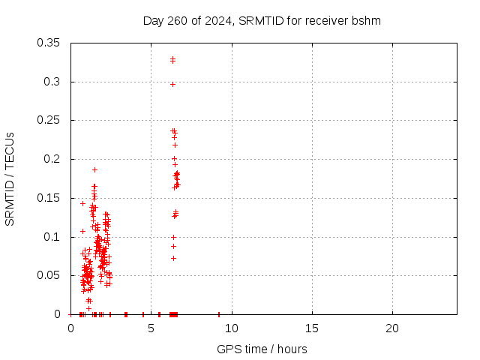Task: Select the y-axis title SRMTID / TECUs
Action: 10,178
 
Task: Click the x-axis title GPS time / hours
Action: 262,349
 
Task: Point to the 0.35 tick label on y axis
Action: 50,43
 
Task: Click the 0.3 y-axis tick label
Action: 53,82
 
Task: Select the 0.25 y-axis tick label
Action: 50,120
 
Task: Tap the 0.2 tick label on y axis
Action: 53,159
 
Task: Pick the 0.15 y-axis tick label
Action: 50,198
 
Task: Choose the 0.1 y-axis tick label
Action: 53,237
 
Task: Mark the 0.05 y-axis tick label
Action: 50,275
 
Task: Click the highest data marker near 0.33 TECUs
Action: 172,58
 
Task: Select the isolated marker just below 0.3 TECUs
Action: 172,84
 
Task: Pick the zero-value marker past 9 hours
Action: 219,314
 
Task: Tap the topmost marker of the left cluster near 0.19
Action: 94,169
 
